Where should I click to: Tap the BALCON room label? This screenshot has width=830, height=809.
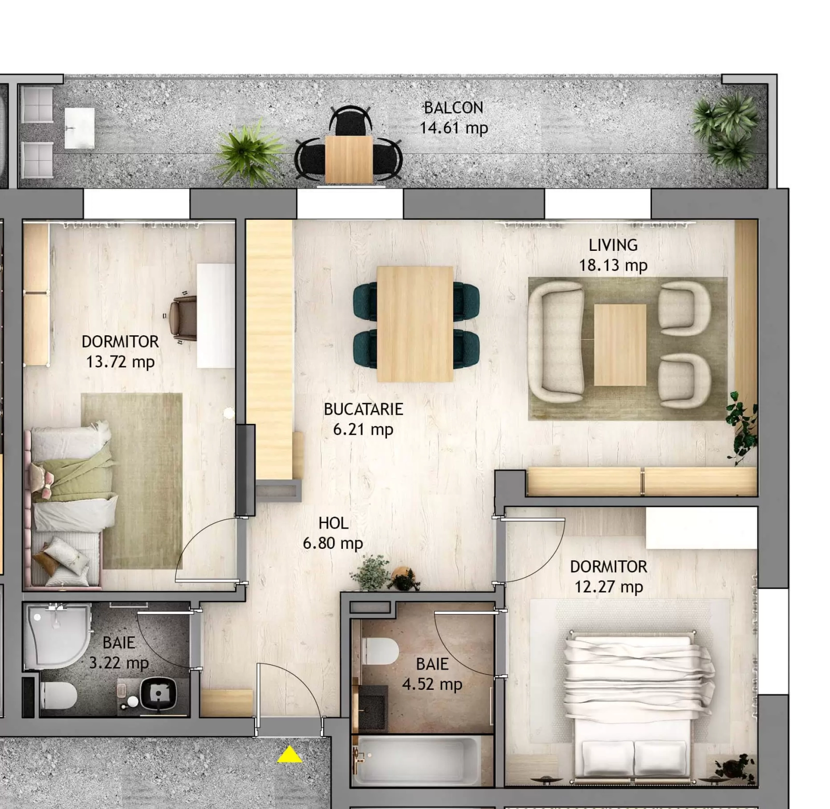coord(453,108)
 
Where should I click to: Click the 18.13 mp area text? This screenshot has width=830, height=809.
coord(613,265)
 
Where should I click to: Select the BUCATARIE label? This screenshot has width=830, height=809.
coord(363,409)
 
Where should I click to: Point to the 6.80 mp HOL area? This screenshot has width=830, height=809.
coord(333,543)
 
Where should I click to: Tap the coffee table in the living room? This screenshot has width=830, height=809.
coord(620,345)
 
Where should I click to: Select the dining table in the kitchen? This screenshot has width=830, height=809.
coord(415,324)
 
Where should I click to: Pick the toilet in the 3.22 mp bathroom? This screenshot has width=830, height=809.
coord(58,694)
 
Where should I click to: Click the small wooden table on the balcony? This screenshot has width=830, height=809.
coord(349,159)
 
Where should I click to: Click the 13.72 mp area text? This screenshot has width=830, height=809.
coord(120,361)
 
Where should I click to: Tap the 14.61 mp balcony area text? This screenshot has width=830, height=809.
coord(453,127)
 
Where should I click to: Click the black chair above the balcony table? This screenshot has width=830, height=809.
coord(350,120)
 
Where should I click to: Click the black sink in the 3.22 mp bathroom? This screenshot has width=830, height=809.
coord(158,693)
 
